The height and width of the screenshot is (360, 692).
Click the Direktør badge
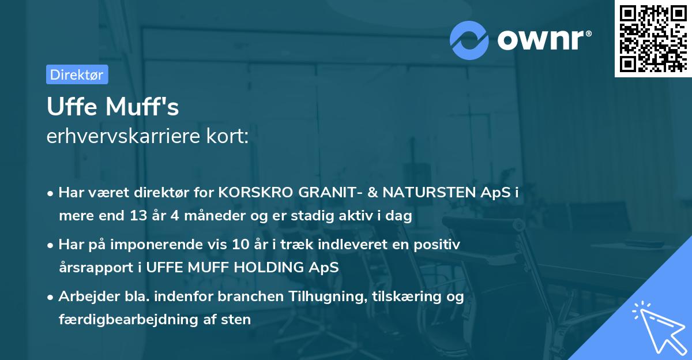click(x=77, y=74)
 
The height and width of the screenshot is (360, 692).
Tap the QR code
click(x=652, y=38)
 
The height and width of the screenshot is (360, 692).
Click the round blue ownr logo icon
click(x=469, y=40)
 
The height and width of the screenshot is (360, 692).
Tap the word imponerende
click(x=176, y=245)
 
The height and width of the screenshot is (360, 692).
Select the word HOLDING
click(x=264, y=268)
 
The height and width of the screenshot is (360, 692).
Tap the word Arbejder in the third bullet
click(x=84, y=297)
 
